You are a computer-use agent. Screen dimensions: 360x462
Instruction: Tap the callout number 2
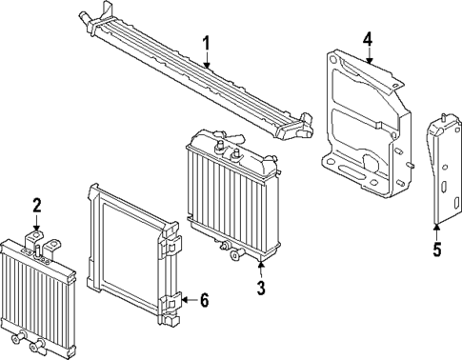pos(36,204)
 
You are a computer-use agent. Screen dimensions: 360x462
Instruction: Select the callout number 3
pos(260,287)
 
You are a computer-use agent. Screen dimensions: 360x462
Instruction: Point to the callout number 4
pos(367,39)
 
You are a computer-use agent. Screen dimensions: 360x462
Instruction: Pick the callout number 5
pos(436,250)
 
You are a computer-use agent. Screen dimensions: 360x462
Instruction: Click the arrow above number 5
pos(436,229)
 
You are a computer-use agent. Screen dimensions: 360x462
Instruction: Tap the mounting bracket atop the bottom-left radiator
pos(38,244)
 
